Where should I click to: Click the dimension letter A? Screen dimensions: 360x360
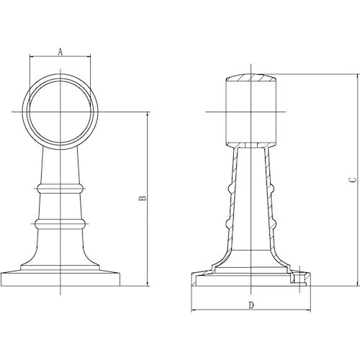[x=60, y=52]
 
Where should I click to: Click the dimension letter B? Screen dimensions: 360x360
[x=143, y=198]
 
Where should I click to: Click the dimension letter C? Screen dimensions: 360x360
[x=353, y=180]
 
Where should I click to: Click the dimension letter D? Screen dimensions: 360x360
[x=251, y=305]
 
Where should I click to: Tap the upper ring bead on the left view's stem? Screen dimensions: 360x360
[x=60, y=189]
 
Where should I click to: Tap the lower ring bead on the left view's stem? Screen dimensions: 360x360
[x=60, y=224]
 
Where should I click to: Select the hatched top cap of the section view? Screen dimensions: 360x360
[x=251, y=78]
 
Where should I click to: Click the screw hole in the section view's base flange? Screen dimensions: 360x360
[x=300, y=279]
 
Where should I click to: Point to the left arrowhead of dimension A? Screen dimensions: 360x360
[x=31, y=57]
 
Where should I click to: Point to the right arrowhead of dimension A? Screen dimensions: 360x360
[x=89, y=57]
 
